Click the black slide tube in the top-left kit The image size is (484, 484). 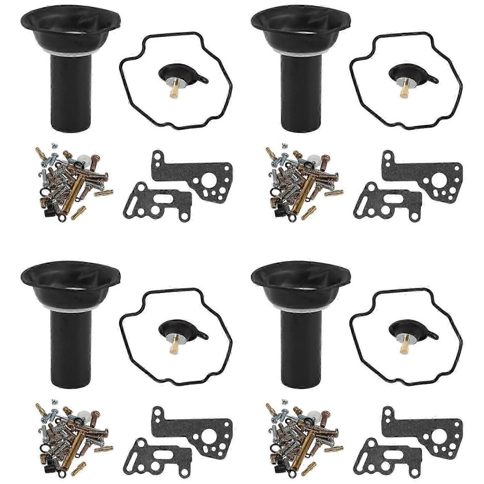pyautogui.click(x=70, y=98)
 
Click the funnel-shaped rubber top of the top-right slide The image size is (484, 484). pyautogui.click(x=300, y=24)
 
